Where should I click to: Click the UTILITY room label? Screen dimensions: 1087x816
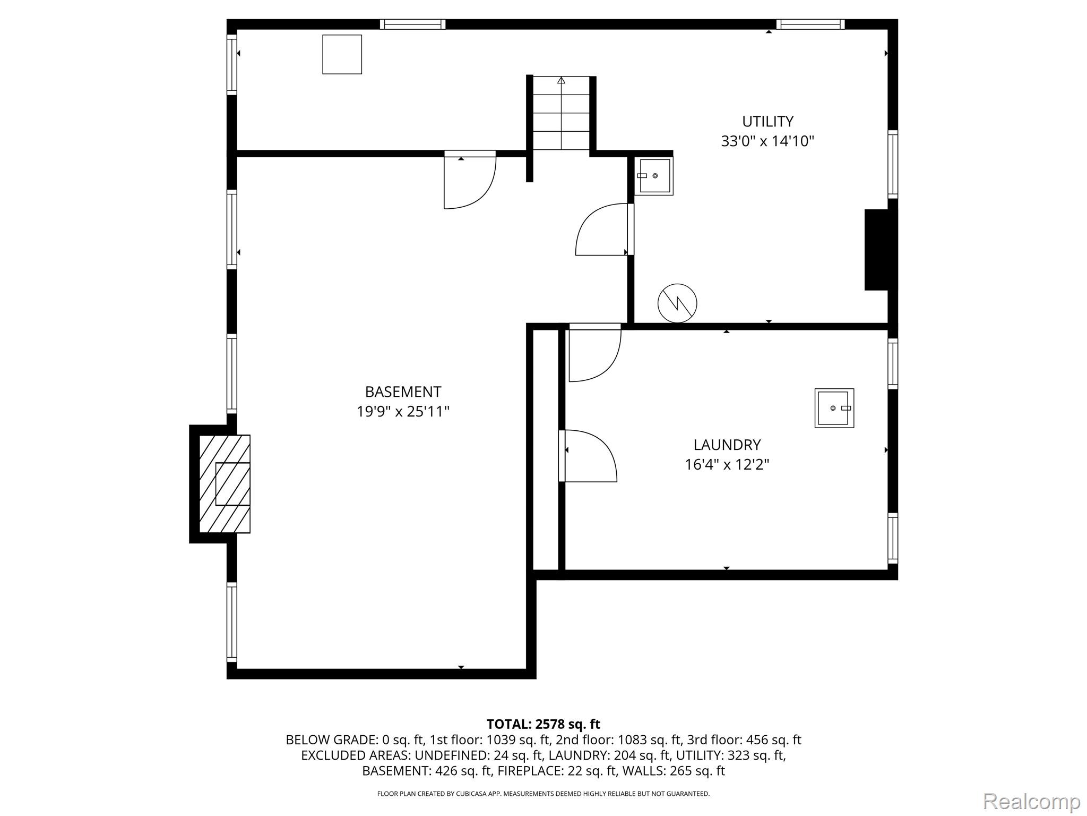tap(767, 122)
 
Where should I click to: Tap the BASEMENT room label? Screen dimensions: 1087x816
tap(403, 392)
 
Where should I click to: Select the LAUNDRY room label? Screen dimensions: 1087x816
tap(727, 445)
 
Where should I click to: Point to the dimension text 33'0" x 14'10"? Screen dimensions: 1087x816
tap(767, 141)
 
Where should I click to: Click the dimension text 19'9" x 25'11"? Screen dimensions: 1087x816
tap(403, 412)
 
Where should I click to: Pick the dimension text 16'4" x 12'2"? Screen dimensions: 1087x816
tap(727, 465)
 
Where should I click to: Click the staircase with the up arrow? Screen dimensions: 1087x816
tap(561, 113)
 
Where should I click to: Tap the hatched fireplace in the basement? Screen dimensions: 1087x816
tap(225, 484)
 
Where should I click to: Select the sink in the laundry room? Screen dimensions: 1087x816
tap(834, 408)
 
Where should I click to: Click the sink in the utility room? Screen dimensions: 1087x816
tap(654, 176)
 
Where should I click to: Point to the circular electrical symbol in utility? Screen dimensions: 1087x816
tap(677, 303)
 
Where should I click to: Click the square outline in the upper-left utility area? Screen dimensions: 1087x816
tap(342, 55)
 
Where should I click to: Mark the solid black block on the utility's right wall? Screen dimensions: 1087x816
tap(877, 250)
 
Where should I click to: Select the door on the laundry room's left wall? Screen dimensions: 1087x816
tap(588, 456)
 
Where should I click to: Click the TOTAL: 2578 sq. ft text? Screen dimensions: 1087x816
tap(543, 724)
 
